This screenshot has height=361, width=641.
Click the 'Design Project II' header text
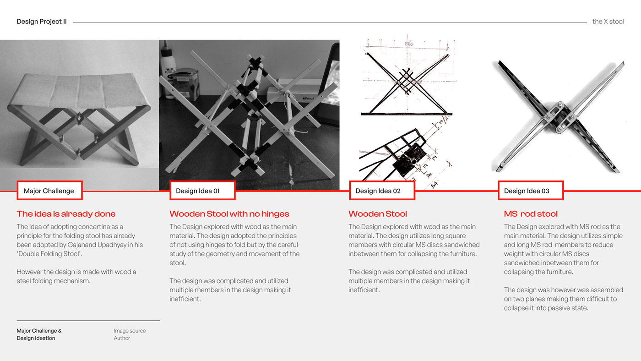pyautogui.click(x=42, y=22)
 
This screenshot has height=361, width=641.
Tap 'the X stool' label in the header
pyautogui.click(x=608, y=22)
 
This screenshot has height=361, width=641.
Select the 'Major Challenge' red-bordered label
pyautogui.click(x=49, y=191)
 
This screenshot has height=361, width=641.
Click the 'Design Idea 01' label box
pyautogui.click(x=202, y=191)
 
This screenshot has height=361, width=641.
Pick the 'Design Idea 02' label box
pyautogui.click(x=382, y=191)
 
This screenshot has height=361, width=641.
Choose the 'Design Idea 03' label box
pyautogui.click(x=530, y=191)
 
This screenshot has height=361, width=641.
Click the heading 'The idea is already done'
pyautogui.click(x=66, y=214)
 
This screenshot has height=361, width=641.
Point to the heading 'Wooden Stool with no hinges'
pyautogui.click(x=229, y=214)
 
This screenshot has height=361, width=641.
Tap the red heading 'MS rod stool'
pyautogui.click(x=531, y=214)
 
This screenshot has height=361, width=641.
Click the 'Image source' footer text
pyautogui.click(x=130, y=331)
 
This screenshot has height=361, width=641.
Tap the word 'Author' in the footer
pyautogui.click(x=122, y=338)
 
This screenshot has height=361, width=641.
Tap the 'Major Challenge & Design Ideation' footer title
pyautogui.click(x=39, y=334)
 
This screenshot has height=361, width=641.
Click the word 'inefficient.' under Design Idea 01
pyautogui.click(x=185, y=299)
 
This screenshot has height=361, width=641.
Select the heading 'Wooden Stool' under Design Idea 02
pyautogui.click(x=377, y=214)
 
